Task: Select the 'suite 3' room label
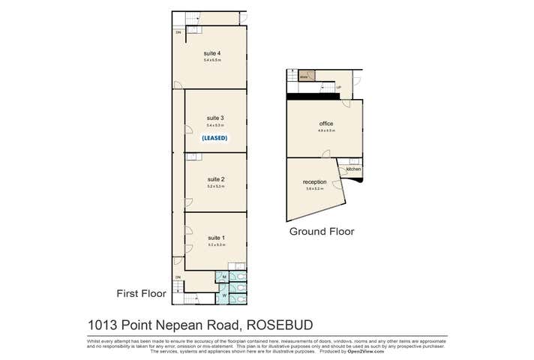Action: (x=215, y=118)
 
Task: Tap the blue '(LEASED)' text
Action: (x=214, y=138)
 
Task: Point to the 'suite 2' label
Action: (x=215, y=179)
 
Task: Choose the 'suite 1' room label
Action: (x=215, y=238)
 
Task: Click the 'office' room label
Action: (x=325, y=124)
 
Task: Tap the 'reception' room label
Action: (x=315, y=182)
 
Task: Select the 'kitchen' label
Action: (x=353, y=169)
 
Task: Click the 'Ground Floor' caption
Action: (x=322, y=232)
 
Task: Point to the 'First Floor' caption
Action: (x=139, y=292)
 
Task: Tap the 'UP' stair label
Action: (x=339, y=88)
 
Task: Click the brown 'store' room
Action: (x=305, y=76)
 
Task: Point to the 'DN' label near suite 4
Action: (x=178, y=33)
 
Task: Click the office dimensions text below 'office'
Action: (x=325, y=131)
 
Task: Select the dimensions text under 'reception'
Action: (x=314, y=189)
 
